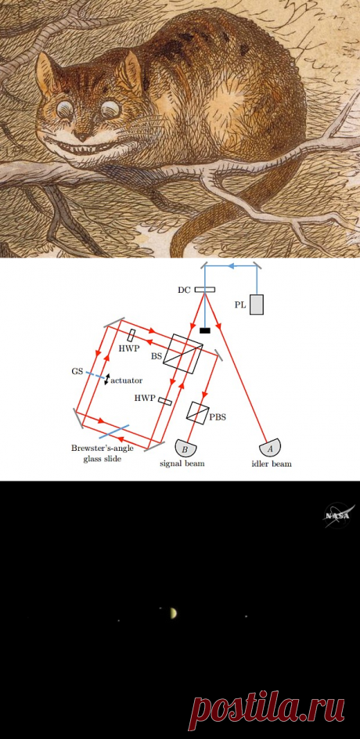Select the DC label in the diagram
point(184,290)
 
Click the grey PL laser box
point(257,305)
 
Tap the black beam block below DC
point(204,330)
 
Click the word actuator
point(126,380)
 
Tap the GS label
point(77,371)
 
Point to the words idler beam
point(271,463)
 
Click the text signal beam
point(183,463)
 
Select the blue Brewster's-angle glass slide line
point(114,431)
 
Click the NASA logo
point(339,516)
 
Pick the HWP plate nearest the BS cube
point(131,336)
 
